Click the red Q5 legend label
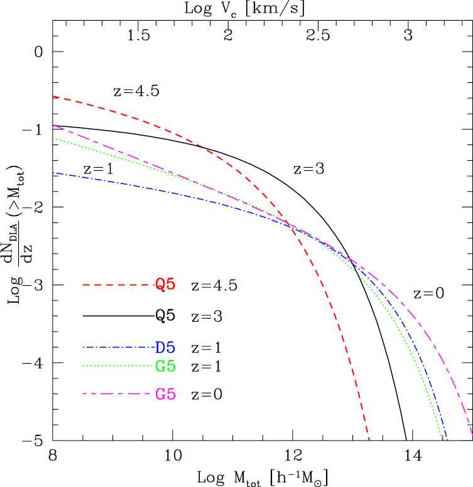[x=165, y=285]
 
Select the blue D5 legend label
[x=165, y=347]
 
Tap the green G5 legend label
[x=165, y=366]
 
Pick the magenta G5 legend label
[x=165, y=395]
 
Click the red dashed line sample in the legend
[x=118, y=285]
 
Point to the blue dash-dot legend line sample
[x=118, y=347]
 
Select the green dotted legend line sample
[x=118, y=366]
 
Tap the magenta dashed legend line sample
[x=118, y=394]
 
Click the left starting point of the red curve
[x=53, y=97]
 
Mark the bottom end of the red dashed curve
[x=369, y=440]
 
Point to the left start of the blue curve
[x=53, y=173]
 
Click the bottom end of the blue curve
[x=447, y=439]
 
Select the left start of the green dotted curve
[x=53, y=138]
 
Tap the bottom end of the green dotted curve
[x=442, y=439]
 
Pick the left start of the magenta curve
[x=53, y=125]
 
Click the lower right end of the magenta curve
[x=472, y=435]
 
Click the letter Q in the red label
[x=160, y=285]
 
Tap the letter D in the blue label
[x=160, y=347]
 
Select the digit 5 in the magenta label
[x=171, y=395]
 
